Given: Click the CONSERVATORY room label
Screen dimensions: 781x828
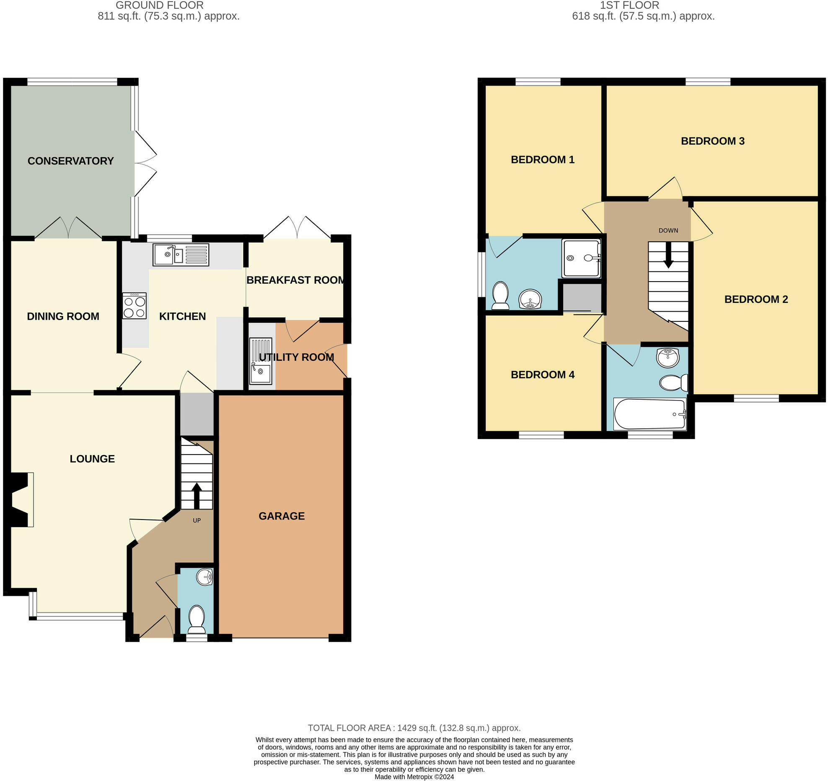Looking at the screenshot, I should [x=70, y=161].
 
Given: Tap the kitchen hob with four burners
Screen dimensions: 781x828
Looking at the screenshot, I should [x=135, y=306].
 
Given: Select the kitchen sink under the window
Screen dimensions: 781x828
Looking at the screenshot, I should [x=181, y=254].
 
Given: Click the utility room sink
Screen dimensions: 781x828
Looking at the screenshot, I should [x=260, y=361].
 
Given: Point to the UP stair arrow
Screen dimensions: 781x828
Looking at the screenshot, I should [x=197, y=496].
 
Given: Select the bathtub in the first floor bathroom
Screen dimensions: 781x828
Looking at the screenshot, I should [x=649, y=414].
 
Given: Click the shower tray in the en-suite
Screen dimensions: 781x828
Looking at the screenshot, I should [x=581, y=258].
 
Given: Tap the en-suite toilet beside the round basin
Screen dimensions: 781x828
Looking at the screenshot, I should [x=500, y=295].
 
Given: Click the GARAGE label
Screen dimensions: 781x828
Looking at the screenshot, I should [x=281, y=516].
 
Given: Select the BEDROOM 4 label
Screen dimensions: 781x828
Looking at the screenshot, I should [x=542, y=375].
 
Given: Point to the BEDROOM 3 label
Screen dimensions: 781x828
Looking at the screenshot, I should [x=712, y=141].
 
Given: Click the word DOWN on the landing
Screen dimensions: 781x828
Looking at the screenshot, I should [x=668, y=230].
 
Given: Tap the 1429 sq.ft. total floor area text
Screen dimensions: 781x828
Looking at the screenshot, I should [x=414, y=728].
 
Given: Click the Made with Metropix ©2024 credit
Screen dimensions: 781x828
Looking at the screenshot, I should [x=414, y=776].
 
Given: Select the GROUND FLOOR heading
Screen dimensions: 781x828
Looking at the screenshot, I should [x=159, y=5].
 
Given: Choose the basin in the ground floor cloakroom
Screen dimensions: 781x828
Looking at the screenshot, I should [x=205, y=577].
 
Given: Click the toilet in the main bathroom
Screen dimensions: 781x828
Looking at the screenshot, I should [x=673, y=383].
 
